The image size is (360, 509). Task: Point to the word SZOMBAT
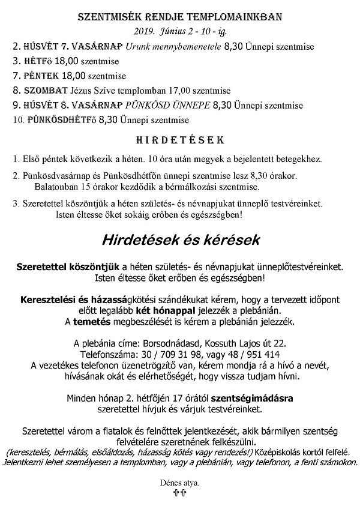point(47,91)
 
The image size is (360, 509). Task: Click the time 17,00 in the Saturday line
point(190,91)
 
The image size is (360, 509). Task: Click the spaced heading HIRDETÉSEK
point(179,140)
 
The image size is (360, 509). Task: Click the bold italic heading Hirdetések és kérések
point(179,241)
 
